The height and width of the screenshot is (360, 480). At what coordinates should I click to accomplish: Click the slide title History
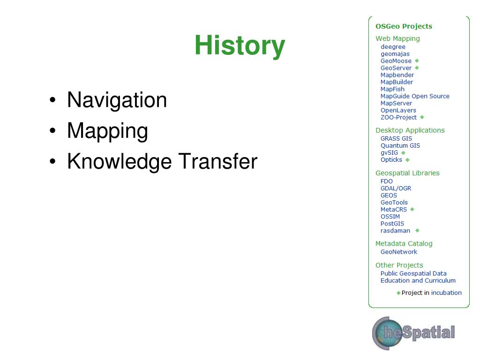coord(240,45)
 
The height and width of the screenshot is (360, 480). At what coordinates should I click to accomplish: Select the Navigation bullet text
coord(117,100)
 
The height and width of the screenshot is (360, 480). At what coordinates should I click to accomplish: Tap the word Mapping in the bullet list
coord(107,131)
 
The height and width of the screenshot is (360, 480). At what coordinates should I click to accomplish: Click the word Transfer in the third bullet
coord(217,161)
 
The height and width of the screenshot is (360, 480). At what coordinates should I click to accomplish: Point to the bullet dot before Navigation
coord(52,100)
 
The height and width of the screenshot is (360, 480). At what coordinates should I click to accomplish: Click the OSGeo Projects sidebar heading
coord(404,26)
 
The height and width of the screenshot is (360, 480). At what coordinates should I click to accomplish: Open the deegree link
coord(393,47)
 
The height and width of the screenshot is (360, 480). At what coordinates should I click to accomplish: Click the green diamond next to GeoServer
coord(417,67)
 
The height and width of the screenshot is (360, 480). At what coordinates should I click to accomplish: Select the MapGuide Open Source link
coord(415,96)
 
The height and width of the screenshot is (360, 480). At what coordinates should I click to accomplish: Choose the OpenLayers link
coord(398,110)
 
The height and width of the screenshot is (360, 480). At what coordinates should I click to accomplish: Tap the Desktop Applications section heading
coord(410,130)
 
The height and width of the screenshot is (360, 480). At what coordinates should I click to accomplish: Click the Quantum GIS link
coord(400,146)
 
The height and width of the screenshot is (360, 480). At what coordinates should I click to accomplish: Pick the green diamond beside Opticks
coord(407,160)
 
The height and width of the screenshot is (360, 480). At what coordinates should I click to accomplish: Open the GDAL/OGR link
coord(396,188)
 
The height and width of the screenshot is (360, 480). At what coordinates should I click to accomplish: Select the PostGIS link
coord(392,224)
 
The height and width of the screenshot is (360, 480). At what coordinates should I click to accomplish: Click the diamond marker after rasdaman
coord(417,231)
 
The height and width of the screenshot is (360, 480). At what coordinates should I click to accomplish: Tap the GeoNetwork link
coord(398,252)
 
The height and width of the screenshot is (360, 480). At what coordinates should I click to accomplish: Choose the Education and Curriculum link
coord(418,281)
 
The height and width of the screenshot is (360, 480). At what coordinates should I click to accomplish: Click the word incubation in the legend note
coord(446,293)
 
